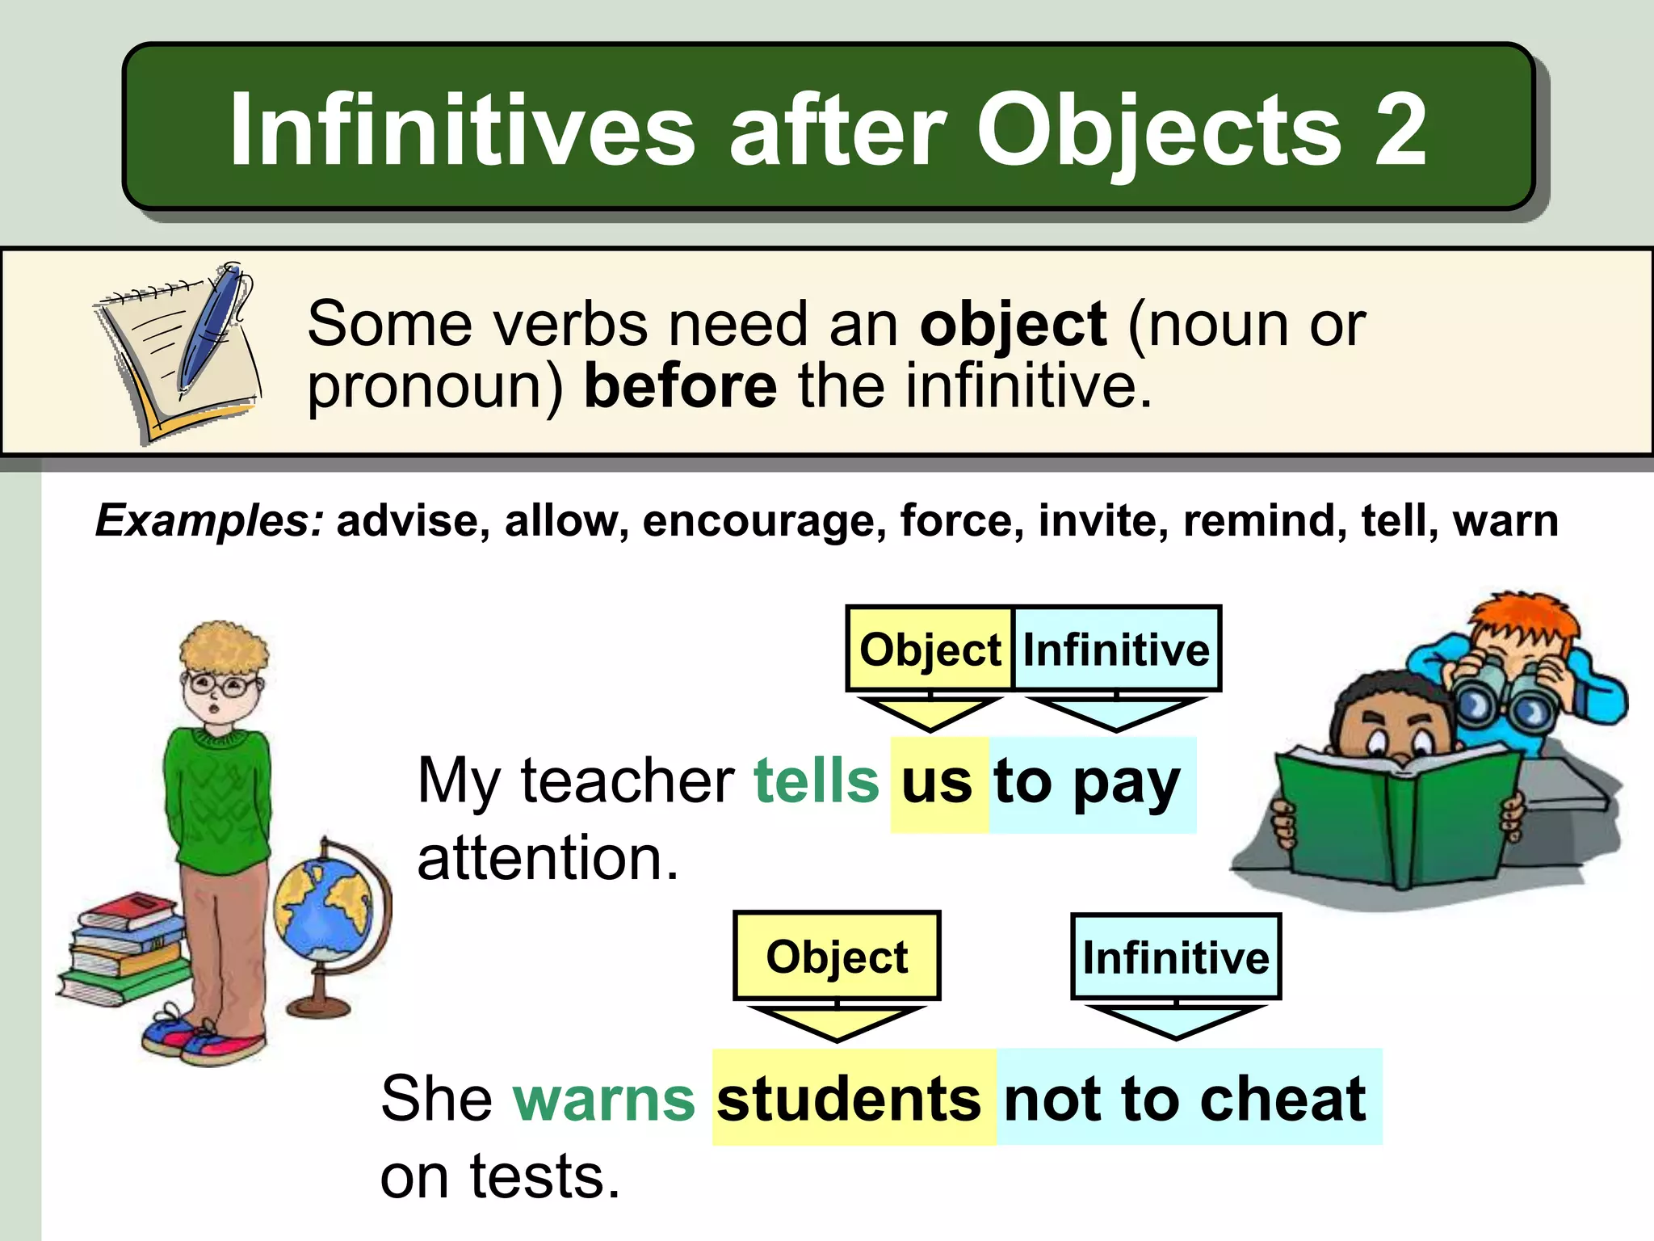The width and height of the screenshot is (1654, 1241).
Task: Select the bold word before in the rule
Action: click(680, 386)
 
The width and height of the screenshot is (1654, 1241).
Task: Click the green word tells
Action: click(816, 780)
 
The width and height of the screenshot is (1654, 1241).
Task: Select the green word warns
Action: click(603, 1099)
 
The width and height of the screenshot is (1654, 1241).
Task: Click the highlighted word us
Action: click(937, 782)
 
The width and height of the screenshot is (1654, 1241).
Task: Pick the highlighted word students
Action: click(849, 1099)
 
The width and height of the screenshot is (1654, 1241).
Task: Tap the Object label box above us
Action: click(930, 650)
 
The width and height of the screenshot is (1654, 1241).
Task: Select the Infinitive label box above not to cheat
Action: click(1175, 957)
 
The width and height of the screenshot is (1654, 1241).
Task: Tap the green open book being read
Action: click(1397, 816)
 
